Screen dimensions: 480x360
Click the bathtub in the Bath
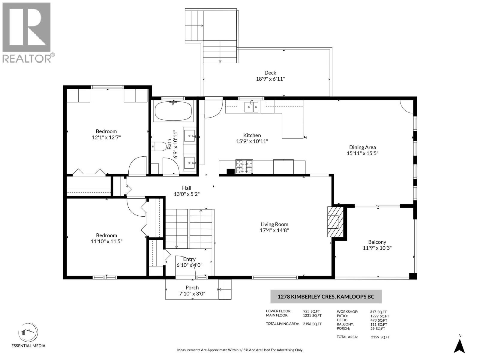(x=173, y=111)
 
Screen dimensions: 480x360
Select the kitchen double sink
(x=251, y=107)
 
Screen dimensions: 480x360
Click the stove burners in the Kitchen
(x=244, y=166)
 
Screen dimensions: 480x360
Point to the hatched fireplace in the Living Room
(x=335, y=222)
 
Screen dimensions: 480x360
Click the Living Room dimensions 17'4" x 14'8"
(x=274, y=230)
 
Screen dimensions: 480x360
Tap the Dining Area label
(x=362, y=147)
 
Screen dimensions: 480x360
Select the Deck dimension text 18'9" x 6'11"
(x=270, y=79)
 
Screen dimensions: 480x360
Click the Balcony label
(x=377, y=242)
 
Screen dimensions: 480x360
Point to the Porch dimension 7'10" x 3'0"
(x=192, y=294)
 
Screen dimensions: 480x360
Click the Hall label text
(x=187, y=188)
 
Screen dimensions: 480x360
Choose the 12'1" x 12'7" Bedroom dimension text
(x=106, y=137)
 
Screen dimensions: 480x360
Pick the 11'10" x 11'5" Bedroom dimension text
(x=106, y=241)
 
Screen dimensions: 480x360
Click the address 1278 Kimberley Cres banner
(x=326, y=297)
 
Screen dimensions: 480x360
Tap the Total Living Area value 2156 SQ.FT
(x=312, y=324)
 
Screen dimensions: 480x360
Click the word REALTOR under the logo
(x=27, y=58)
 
